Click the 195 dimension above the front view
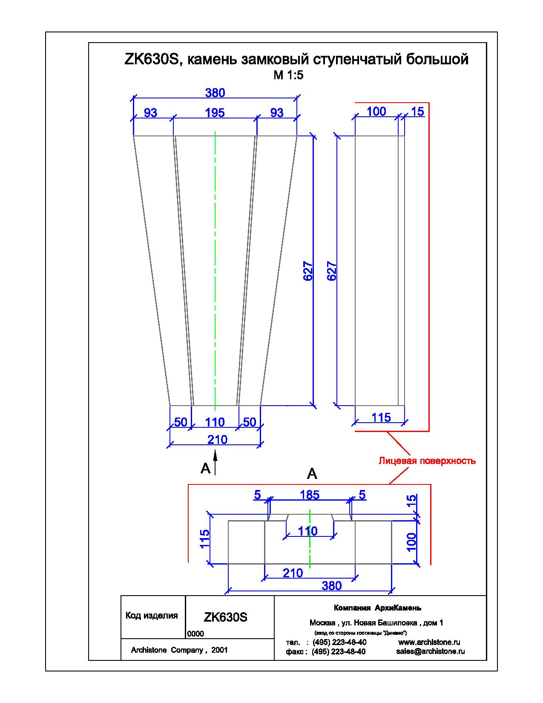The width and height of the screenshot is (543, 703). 215,113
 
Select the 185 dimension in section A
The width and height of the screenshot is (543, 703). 310,495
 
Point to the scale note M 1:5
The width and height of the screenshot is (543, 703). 288,75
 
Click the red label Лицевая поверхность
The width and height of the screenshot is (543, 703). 427,461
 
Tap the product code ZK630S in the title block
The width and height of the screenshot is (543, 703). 225,617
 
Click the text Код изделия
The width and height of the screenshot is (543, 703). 152,615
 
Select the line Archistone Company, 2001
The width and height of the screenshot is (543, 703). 179,650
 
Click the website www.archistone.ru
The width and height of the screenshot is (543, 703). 429,642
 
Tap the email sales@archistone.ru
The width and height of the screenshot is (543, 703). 431,651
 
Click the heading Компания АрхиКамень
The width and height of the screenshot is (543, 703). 377,608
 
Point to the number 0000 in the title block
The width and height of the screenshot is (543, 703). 195,634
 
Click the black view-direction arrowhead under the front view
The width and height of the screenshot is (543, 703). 215,456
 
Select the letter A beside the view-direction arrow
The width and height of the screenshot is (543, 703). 205,468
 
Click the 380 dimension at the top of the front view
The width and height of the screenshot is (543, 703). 215,93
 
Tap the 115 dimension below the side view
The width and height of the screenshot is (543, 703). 381,418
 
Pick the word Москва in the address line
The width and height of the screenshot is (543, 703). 322,623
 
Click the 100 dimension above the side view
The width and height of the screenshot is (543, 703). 376,112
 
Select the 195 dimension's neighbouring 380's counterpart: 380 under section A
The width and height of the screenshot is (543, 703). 331,585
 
